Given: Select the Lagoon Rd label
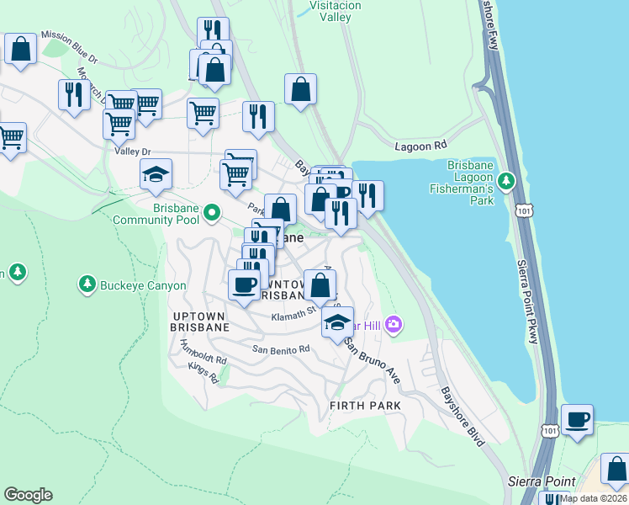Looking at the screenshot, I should [x=420, y=146].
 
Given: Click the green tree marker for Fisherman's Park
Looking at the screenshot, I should [x=505, y=181].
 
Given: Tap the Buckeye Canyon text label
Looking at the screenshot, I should [x=143, y=286].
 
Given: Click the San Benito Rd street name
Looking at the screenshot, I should [x=282, y=348].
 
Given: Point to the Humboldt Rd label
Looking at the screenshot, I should [x=203, y=351].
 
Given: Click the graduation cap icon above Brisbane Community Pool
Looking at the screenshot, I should [x=156, y=174].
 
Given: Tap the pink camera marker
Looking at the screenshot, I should [x=393, y=324].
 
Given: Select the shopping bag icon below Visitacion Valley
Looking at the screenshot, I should [x=300, y=89].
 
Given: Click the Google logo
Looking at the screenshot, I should [x=28, y=495].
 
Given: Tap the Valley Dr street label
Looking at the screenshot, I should [x=132, y=151].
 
